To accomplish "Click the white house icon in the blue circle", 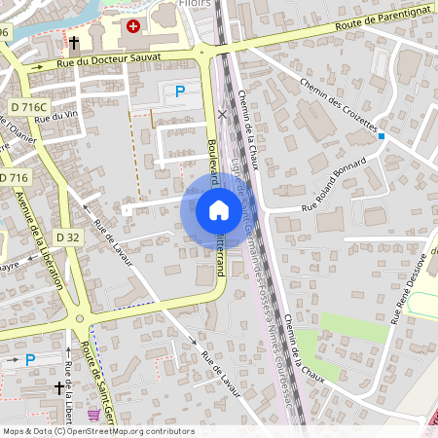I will click(218, 210).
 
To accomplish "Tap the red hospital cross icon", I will click(133, 26).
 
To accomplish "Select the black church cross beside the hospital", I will click(75, 43).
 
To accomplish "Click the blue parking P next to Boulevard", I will click(179, 91).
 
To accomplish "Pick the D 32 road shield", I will click(67, 237).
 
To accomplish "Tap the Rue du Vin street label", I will click(55, 116).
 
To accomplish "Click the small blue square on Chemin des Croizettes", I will click(382, 136).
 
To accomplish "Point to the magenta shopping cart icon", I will click(93, 414).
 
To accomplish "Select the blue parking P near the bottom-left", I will click(30, 359).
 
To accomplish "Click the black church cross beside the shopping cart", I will click(58, 388).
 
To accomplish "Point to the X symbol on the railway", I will click(222, 114).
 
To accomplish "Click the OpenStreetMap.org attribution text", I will click(127, 430).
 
